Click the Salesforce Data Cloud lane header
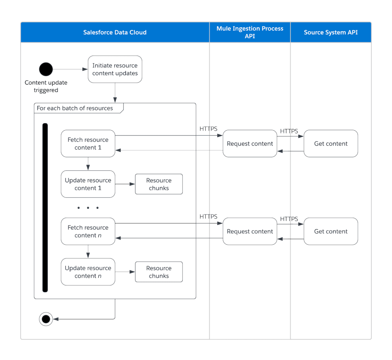pos(115,32)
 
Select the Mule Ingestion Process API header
pos(250,32)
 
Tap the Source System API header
pos(331,32)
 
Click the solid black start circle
pos(46,69)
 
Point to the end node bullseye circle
pos(46,319)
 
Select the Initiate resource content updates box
pos(115,69)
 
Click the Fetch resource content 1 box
pos(88,144)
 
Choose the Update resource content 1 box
pos(88,184)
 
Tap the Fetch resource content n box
pos(88,231)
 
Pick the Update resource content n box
pos(88,272)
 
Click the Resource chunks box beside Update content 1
pos(159,184)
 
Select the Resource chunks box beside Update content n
pos(159,272)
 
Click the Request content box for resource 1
pos(250,144)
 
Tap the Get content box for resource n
pos(331,231)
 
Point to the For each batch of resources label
pos(75,108)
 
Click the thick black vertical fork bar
pos(45,208)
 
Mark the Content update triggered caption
pos(46,86)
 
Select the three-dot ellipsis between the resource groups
pos(88,208)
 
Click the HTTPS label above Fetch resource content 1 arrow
pos(208,129)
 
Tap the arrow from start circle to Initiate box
pos(70,69)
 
